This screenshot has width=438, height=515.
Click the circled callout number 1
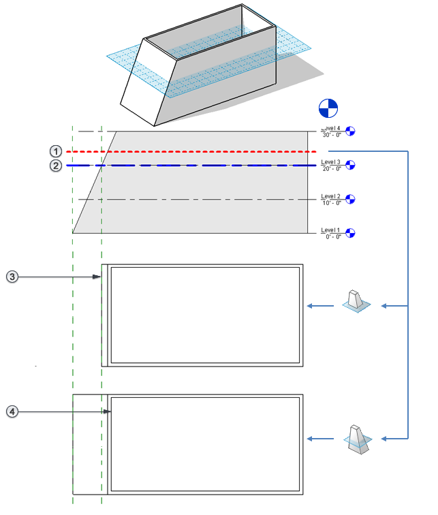point(56,151)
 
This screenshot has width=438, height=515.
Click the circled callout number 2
point(56,166)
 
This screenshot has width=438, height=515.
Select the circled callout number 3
point(12,277)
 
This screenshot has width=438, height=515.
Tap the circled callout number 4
point(12,411)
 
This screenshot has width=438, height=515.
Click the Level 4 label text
point(331,128)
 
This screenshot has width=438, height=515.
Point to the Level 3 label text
point(331,162)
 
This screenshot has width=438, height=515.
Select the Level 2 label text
point(331,197)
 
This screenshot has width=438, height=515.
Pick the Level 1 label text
point(331,230)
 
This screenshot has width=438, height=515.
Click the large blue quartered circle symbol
point(328,108)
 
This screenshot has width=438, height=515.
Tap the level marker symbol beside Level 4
point(351,130)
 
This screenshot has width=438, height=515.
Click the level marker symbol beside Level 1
point(351,233)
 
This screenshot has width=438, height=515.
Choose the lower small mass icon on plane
point(357,438)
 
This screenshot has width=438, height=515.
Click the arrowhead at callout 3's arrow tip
point(99,277)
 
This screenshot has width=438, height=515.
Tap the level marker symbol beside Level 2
point(351,199)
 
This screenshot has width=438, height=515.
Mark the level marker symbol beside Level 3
point(351,164)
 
